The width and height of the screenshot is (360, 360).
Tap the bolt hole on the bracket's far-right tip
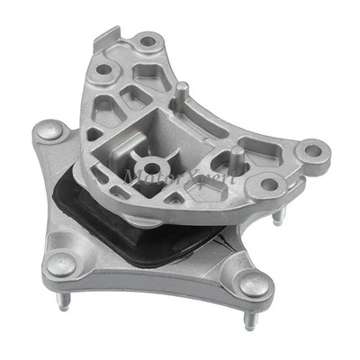[311, 146]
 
